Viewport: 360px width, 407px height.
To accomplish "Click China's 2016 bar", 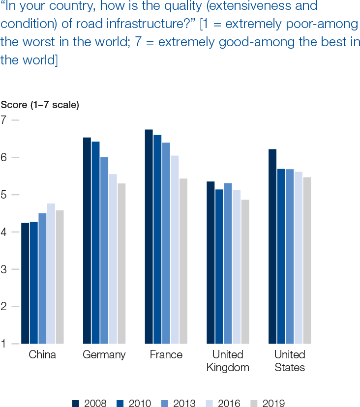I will [x=51, y=273].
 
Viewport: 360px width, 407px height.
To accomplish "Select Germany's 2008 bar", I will [x=87, y=240].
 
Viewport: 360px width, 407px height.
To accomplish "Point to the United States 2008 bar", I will [x=272, y=246].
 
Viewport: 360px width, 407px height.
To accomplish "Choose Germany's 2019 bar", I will [x=121, y=263].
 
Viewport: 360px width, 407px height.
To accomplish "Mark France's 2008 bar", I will [x=149, y=236].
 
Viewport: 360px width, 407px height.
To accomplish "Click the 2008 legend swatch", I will [x=76, y=403].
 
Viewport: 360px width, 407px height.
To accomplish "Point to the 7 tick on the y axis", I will [x=4, y=119].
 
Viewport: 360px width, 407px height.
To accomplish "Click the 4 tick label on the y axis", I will [x=4, y=232].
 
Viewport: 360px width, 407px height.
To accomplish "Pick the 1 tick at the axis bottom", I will [x=4, y=344].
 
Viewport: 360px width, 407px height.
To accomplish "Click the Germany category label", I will [x=104, y=355].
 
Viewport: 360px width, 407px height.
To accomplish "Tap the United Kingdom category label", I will [x=228, y=361].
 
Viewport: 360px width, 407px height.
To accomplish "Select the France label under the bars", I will [x=166, y=355].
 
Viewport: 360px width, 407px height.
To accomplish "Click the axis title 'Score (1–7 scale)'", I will [x=40, y=105].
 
